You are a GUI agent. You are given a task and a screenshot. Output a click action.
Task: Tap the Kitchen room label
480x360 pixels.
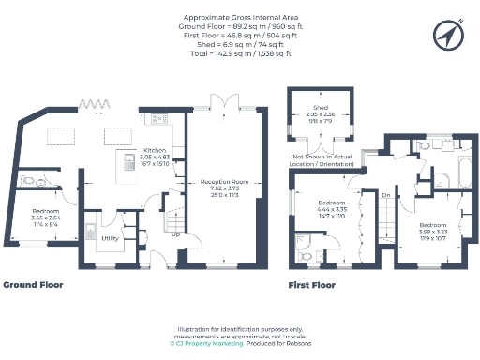tap(154, 150)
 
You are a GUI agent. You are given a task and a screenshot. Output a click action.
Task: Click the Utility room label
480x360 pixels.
tap(109, 238)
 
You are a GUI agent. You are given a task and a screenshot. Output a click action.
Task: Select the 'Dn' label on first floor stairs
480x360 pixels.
tap(386, 195)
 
